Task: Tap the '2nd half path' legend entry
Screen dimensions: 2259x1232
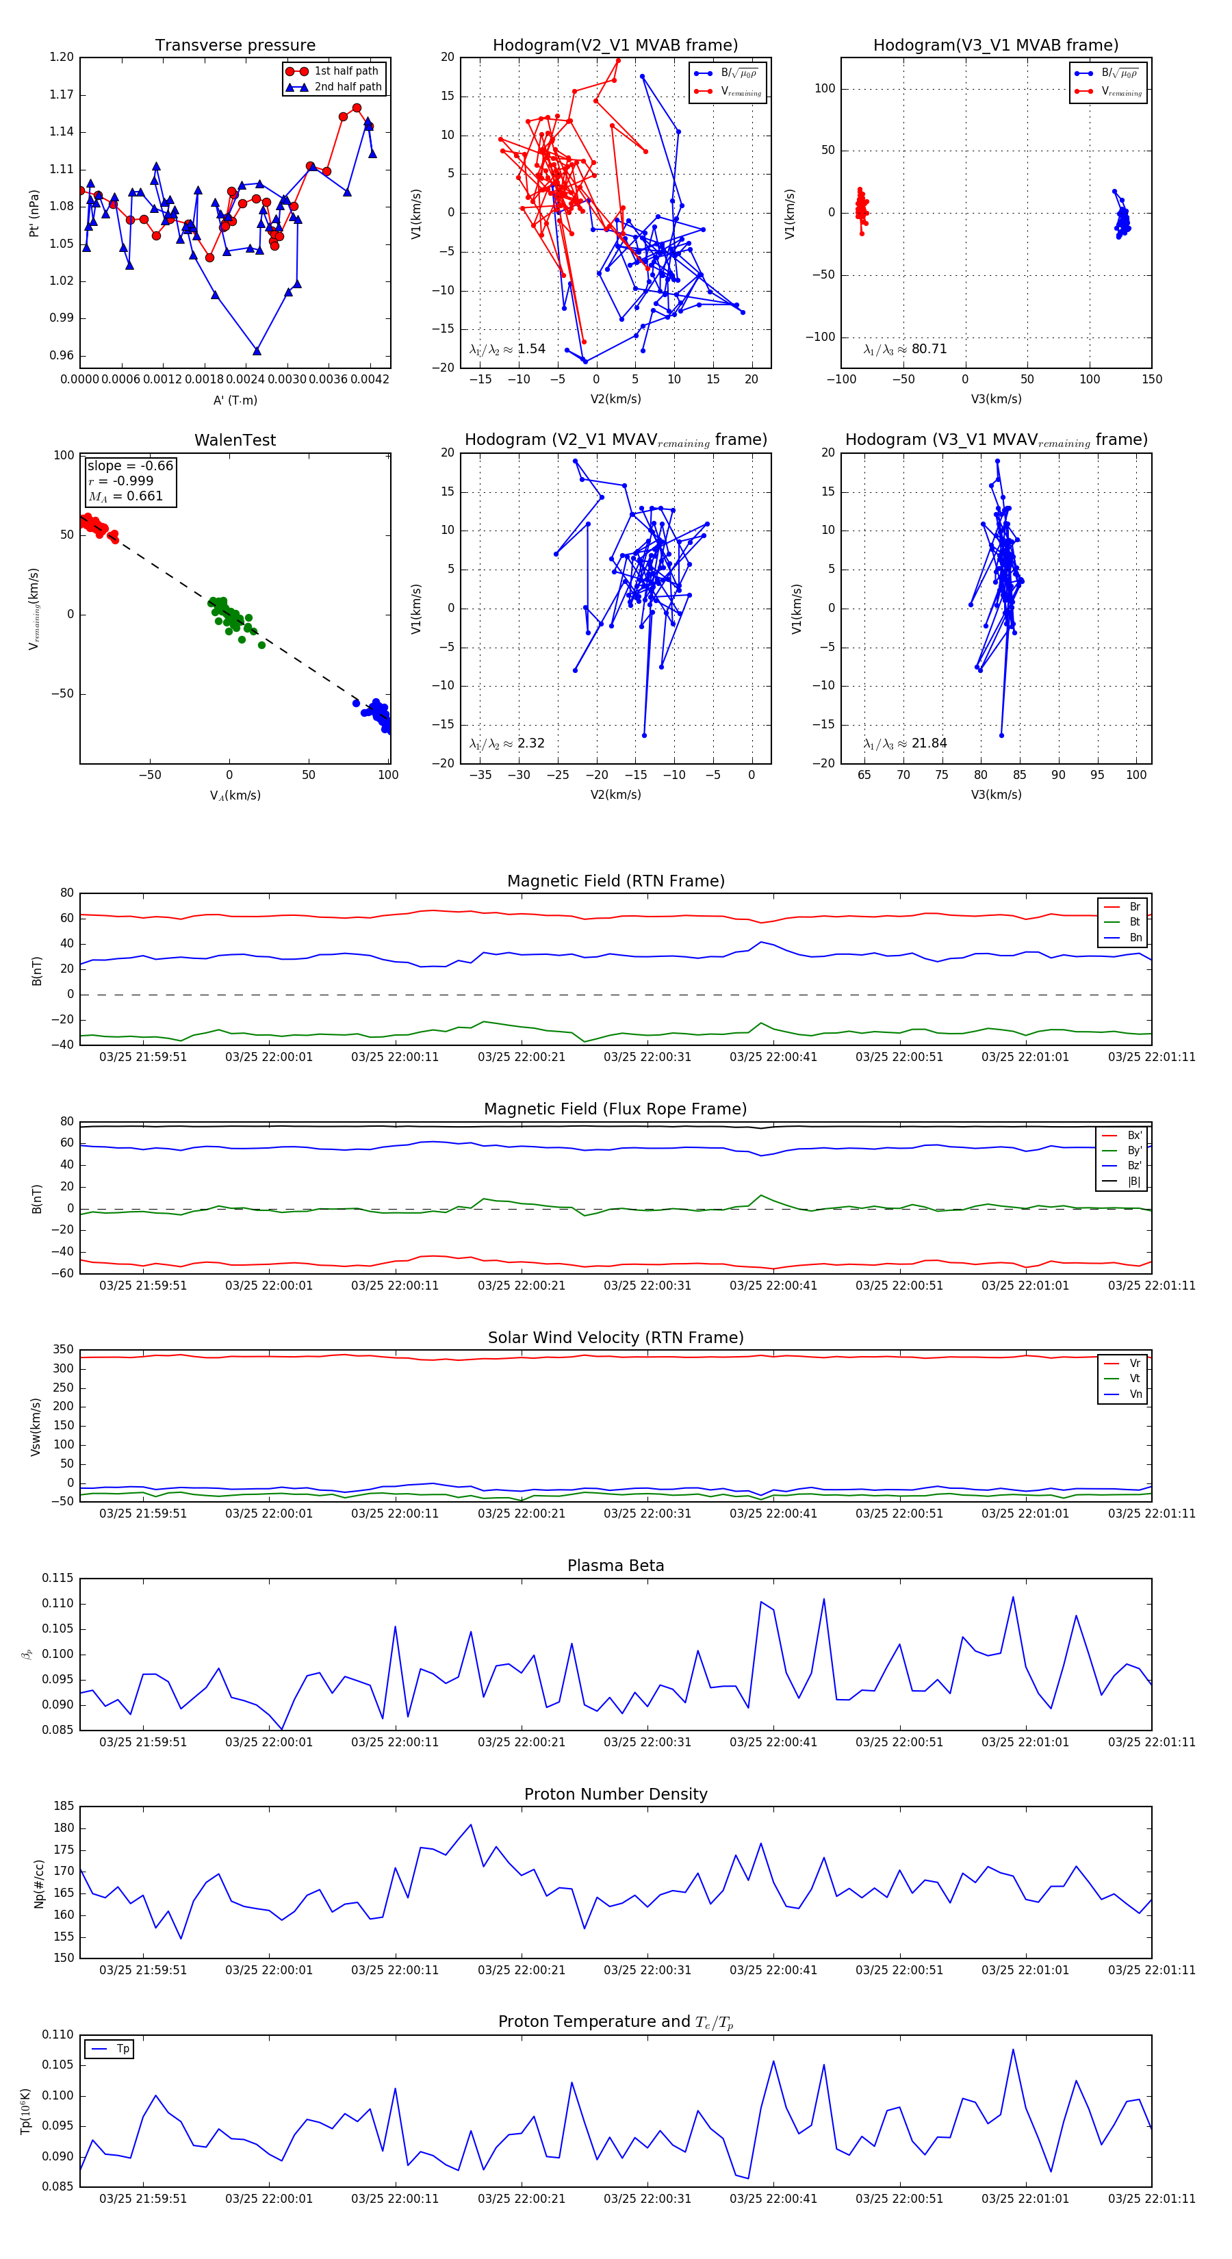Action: click(347, 87)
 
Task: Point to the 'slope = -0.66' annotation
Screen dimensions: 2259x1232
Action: click(130, 465)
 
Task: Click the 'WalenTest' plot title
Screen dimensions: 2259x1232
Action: click(235, 440)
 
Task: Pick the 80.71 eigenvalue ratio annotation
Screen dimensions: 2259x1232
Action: click(905, 349)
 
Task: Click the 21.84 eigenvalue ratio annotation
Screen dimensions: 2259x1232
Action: click(905, 743)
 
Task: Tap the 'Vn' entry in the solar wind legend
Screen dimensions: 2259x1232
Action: click(1135, 1394)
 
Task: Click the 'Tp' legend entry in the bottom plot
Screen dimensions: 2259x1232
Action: click(122, 2049)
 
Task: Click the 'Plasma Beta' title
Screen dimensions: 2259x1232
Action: click(615, 1566)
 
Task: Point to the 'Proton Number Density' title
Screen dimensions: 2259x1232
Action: click(615, 1794)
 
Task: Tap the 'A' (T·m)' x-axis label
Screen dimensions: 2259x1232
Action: click(235, 400)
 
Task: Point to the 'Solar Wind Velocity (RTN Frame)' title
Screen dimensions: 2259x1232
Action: click(615, 1338)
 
